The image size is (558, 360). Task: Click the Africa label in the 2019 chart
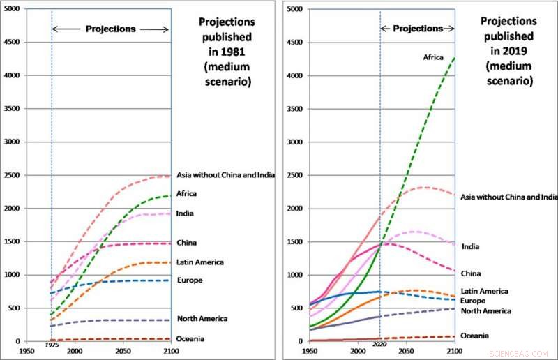[x=433, y=57]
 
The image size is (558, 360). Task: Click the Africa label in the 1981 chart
[x=188, y=193]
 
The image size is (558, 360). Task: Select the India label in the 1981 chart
[x=185, y=213]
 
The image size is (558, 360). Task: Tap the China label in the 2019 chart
[x=471, y=273]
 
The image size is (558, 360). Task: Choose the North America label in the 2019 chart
[x=486, y=311]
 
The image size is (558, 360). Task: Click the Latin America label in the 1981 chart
[x=200, y=262]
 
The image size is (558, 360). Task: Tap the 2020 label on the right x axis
[x=379, y=345]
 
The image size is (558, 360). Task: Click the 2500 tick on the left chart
[x=13, y=175]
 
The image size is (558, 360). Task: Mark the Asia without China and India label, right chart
[x=509, y=197]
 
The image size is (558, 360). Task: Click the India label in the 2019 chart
[x=470, y=246]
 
